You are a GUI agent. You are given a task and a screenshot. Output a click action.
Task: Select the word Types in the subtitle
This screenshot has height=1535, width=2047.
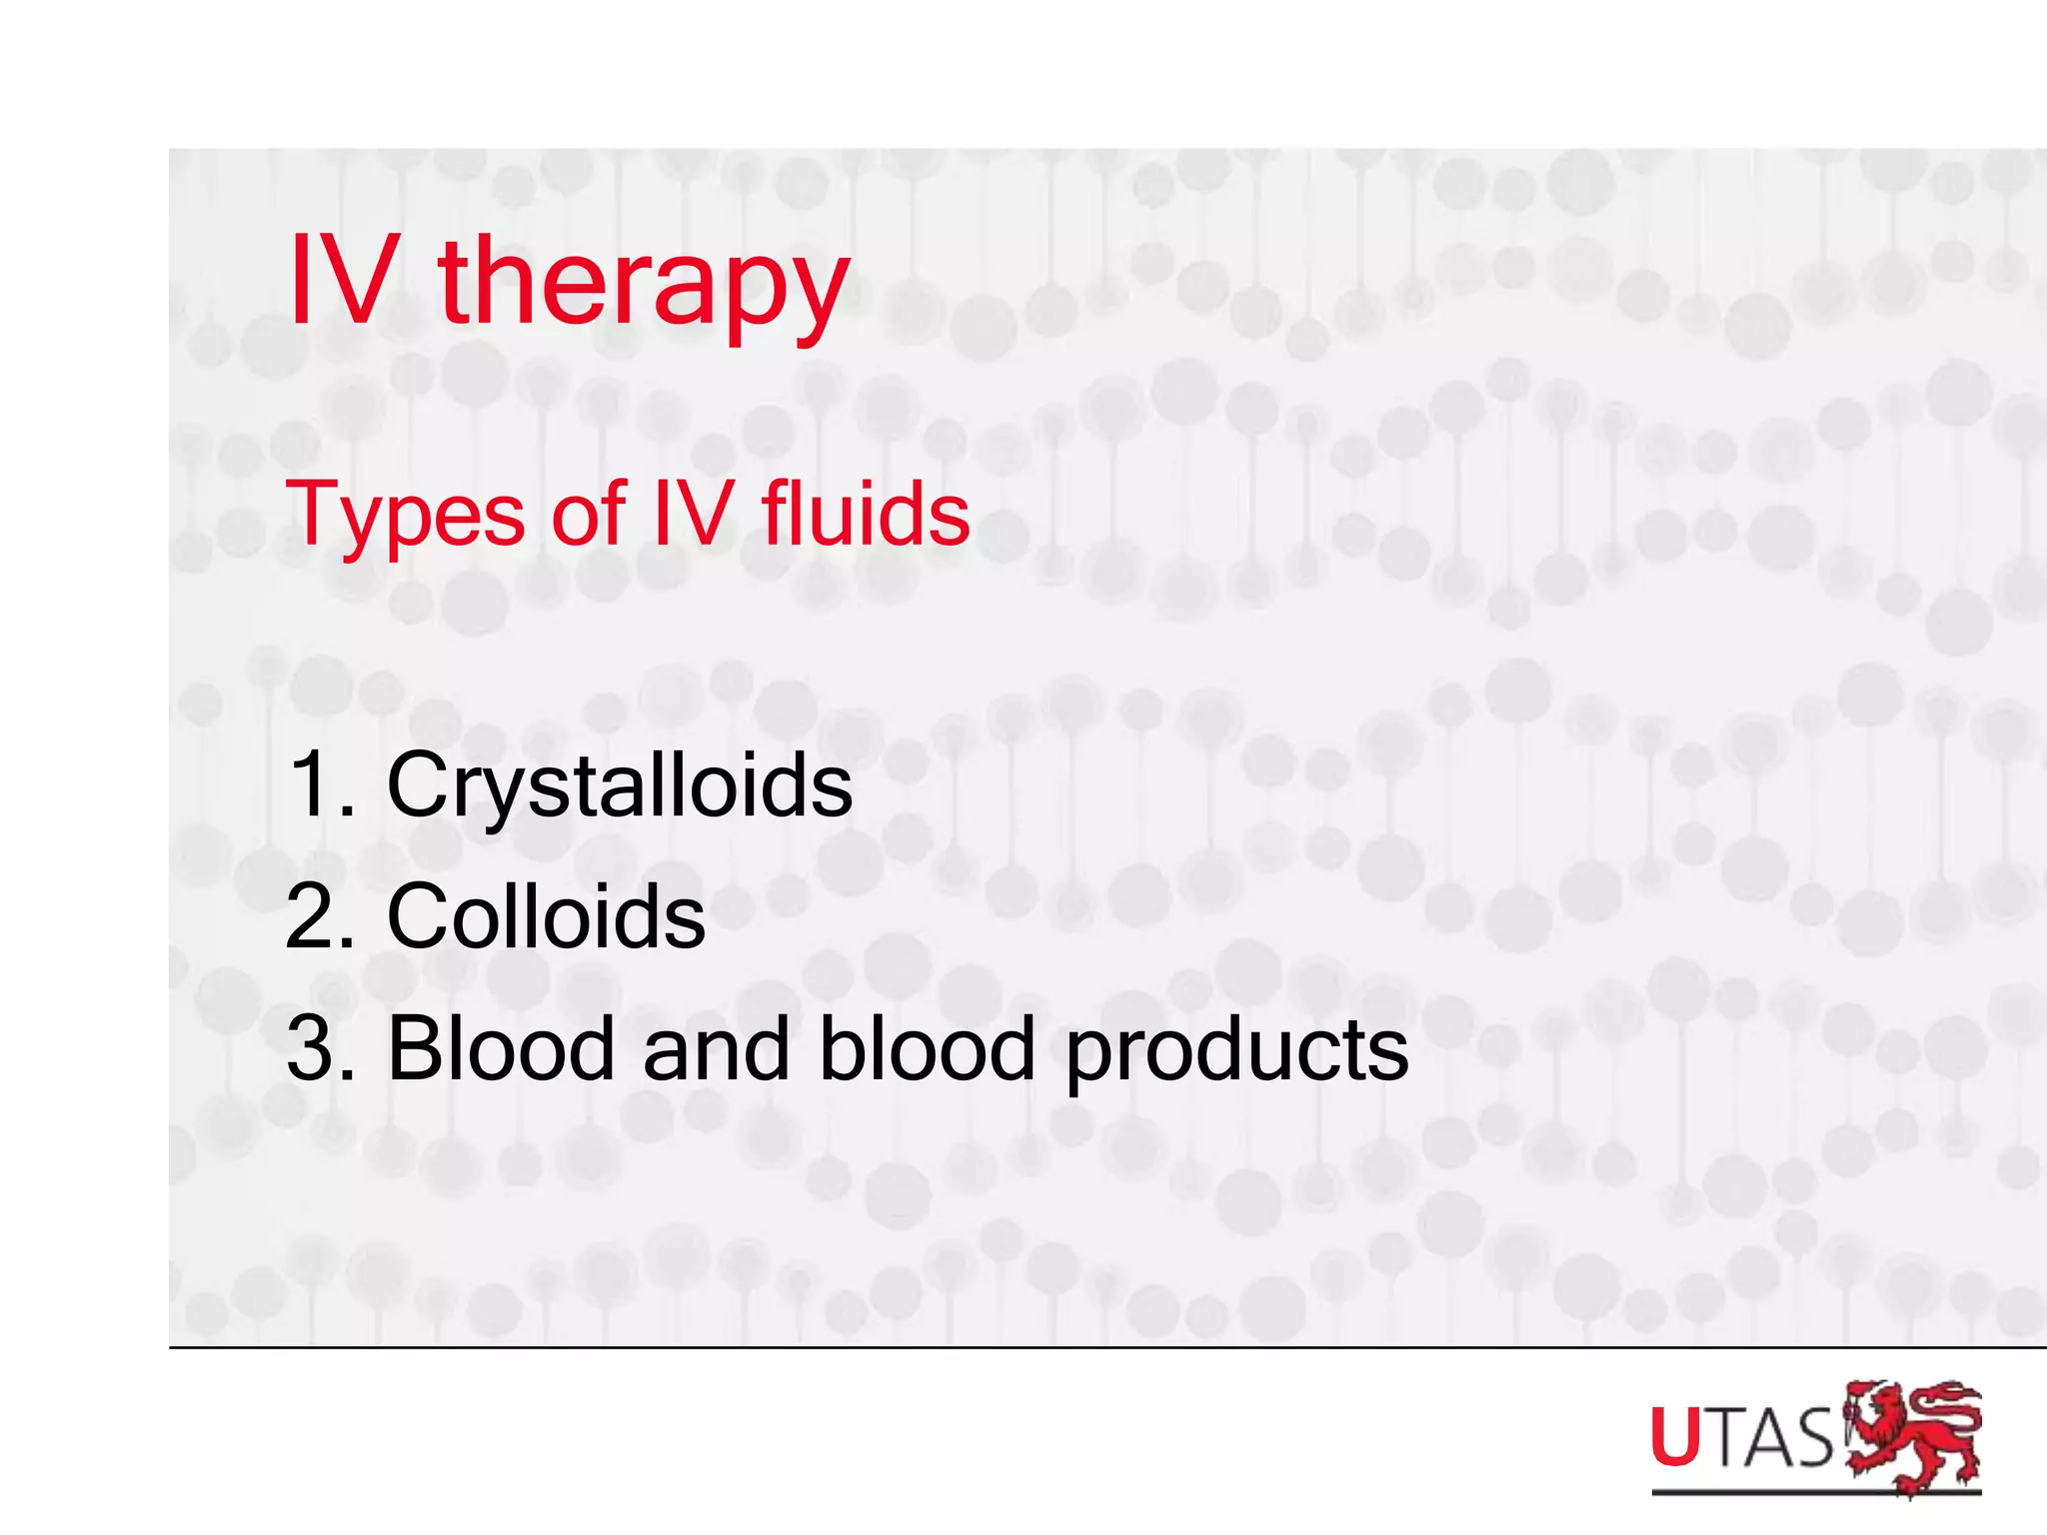(x=405, y=516)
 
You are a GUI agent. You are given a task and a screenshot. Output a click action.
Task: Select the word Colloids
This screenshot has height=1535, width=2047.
(x=546, y=916)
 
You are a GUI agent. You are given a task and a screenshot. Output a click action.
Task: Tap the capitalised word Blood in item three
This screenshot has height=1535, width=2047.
(x=501, y=1048)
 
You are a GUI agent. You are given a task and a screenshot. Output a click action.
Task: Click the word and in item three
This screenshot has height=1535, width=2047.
(x=717, y=1048)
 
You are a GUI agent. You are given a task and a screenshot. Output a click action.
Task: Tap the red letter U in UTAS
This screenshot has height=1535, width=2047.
(x=1675, y=1437)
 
